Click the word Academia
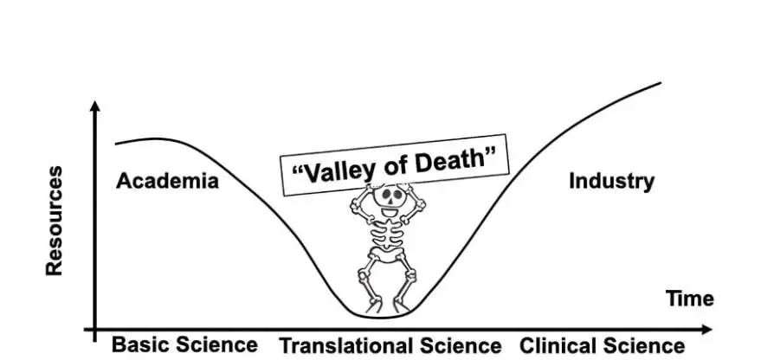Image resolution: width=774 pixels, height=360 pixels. [x=167, y=181]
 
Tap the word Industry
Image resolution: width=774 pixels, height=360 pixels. [x=611, y=181]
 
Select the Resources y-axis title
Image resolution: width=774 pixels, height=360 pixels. [x=55, y=221]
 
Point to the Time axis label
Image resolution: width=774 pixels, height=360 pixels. [x=689, y=299]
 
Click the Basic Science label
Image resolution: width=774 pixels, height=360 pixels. [x=184, y=344]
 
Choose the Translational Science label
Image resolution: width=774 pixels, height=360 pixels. [x=390, y=345]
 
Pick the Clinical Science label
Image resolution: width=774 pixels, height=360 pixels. [x=602, y=345]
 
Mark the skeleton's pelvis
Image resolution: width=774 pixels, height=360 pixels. [x=387, y=257]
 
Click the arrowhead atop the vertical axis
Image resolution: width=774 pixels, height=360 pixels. [x=95, y=107]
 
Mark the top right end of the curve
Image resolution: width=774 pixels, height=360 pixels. [x=661, y=83]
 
